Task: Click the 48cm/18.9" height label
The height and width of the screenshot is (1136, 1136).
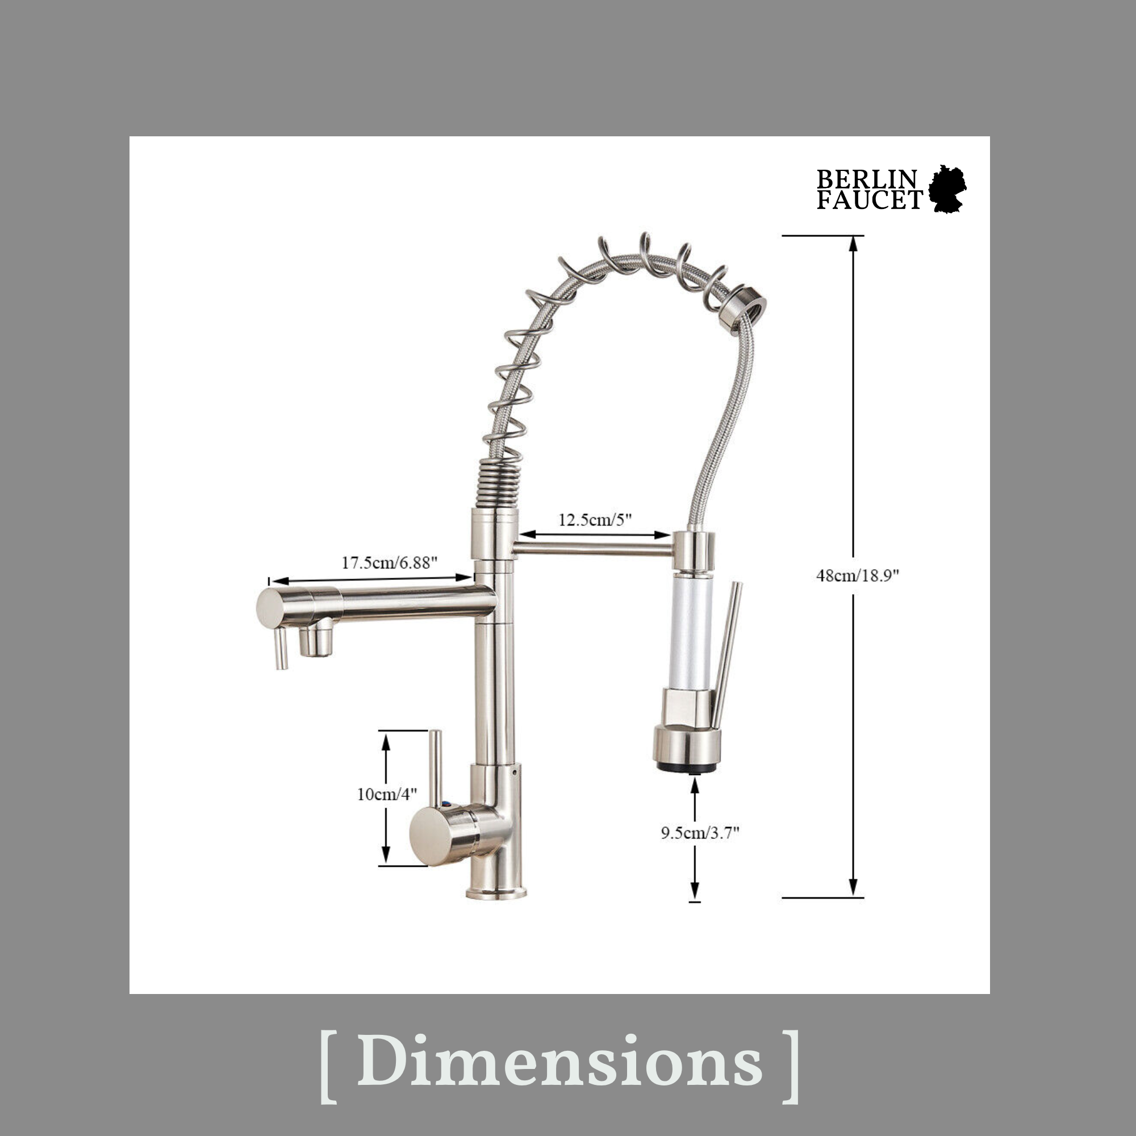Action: tap(858, 575)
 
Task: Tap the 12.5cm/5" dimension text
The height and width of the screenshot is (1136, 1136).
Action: tap(595, 519)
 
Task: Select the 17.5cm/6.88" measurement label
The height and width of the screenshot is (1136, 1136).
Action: tap(389, 562)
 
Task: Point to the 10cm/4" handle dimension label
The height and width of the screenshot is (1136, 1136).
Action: tap(387, 794)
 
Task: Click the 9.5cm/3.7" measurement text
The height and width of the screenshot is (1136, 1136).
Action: tap(699, 833)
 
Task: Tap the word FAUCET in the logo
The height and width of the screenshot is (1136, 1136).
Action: tap(868, 201)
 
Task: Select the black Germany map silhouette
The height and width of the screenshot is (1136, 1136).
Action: tap(947, 189)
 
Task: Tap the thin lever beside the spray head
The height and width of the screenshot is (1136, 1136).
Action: tap(728, 653)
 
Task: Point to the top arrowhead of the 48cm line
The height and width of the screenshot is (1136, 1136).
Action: tap(853, 245)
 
